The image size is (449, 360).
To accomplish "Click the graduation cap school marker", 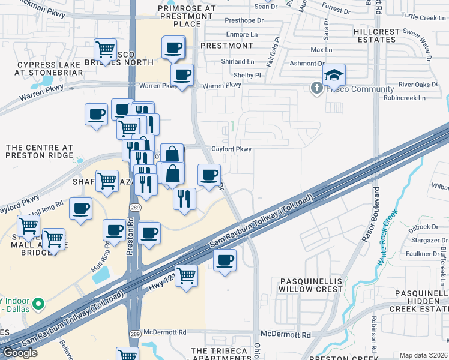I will [334, 76].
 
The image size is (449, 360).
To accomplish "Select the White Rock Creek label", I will [388, 238].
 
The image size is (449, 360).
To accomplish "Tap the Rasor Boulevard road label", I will [371, 215].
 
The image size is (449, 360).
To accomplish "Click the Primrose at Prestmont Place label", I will [186, 16].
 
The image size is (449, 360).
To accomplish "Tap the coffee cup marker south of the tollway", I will [224, 260].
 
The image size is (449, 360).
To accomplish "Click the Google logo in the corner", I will [20, 353].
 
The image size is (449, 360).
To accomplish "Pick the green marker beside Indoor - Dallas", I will [39, 304].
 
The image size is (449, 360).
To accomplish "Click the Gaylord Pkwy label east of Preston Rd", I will [231, 149].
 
